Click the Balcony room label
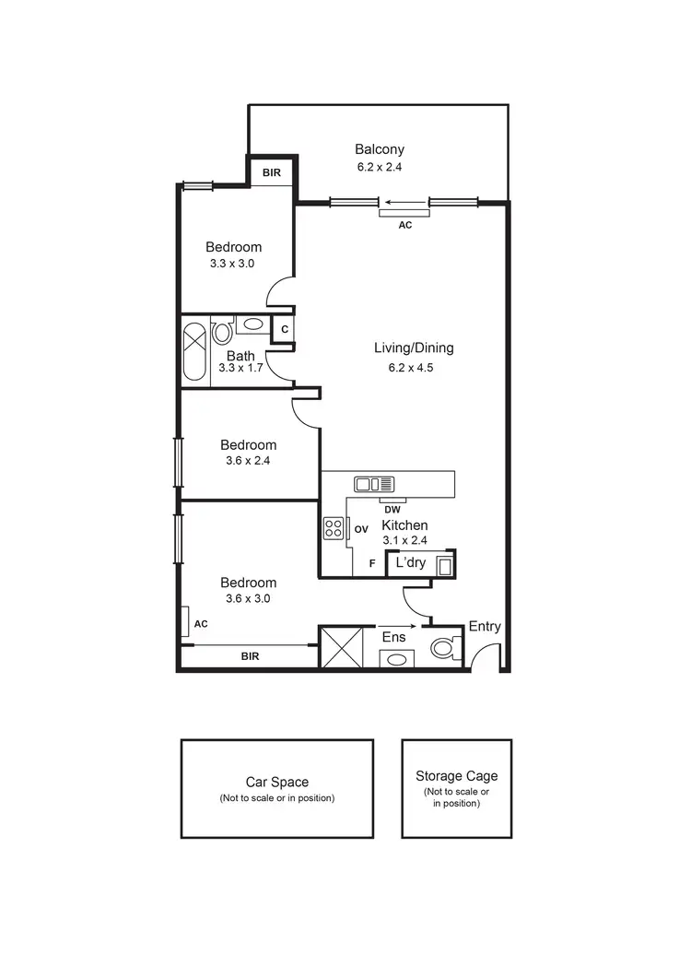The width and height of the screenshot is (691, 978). pyautogui.click(x=380, y=149)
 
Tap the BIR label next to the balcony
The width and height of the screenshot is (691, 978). pyautogui.click(x=272, y=172)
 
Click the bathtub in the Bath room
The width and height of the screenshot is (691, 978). pyautogui.click(x=195, y=352)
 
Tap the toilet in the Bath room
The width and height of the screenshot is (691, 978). pyautogui.click(x=222, y=333)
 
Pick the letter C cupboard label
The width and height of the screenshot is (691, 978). pyautogui.click(x=285, y=329)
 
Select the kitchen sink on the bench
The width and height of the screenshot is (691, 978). pyautogui.click(x=374, y=484)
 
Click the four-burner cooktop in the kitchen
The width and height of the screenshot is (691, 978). pyautogui.click(x=333, y=529)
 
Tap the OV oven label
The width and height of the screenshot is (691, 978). pyautogui.click(x=361, y=529)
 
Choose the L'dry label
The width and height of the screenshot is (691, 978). pyautogui.click(x=410, y=562)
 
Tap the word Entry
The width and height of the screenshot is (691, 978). pyautogui.click(x=485, y=627)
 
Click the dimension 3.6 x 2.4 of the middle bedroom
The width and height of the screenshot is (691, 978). pyautogui.click(x=248, y=461)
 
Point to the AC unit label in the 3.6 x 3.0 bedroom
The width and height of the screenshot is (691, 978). pyautogui.click(x=201, y=624)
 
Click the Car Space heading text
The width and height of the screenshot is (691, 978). pyautogui.click(x=276, y=782)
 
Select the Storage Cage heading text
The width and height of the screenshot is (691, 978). pyautogui.click(x=456, y=776)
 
